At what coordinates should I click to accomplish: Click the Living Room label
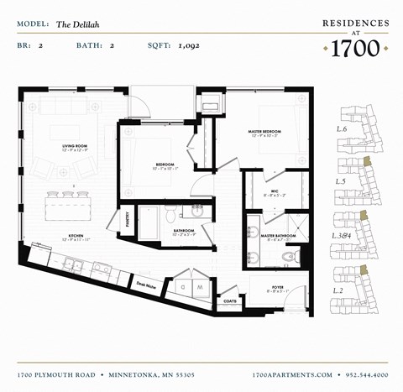(75, 147)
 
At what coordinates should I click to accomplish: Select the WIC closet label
(275, 192)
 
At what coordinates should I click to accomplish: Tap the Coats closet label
(230, 300)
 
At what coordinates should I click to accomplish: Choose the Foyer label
(277, 289)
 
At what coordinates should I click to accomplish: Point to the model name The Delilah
(76, 25)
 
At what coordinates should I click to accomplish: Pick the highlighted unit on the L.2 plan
(363, 270)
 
